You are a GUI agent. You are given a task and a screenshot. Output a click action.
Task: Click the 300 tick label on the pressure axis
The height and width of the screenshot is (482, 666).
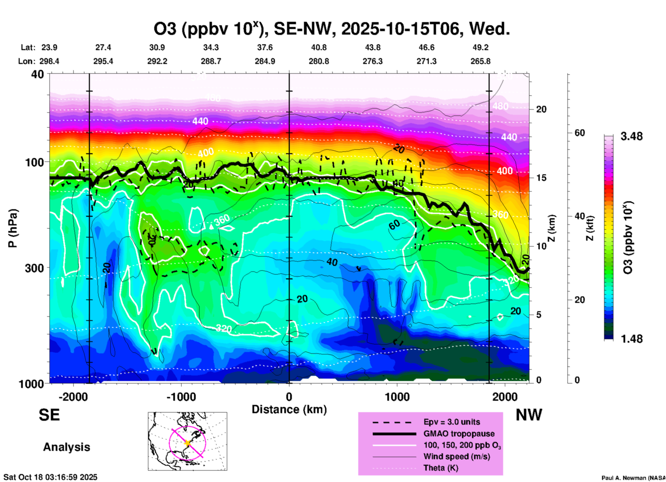click(x=35, y=268)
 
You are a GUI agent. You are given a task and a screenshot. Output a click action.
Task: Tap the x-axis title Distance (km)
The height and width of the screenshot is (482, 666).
click(x=289, y=409)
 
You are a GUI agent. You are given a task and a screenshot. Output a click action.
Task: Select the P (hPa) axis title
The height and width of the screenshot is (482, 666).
click(x=13, y=228)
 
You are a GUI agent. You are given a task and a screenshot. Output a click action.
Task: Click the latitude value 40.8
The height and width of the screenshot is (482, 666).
click(x=318, y=47)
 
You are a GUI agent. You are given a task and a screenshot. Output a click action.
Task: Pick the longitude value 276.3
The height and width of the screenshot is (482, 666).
click(x=372, y=61)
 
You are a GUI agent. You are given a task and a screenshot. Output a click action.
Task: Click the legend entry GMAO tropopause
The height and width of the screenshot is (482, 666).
click(x=459, y=434)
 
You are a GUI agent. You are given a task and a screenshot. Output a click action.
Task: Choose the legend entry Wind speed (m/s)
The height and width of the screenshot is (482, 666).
click(x=456, y=456)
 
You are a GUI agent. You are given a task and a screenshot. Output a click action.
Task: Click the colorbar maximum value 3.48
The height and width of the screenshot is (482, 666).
click(x=631, y=137)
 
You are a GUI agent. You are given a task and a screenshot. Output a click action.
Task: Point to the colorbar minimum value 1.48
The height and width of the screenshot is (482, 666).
click(x=631, y=339)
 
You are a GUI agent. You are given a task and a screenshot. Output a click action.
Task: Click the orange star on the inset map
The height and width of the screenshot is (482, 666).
click(x=187, y=443)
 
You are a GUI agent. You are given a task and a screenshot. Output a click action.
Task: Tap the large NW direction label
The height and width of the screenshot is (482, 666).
click(x=529, y=415)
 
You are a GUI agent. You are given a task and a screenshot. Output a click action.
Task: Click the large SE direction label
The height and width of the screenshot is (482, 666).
click(x=49, y=415)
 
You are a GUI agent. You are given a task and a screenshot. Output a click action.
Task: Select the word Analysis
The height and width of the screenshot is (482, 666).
click(x=66, y=447)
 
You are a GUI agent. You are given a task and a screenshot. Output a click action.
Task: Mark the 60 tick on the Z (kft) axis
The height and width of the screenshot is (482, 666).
click(x=580, y=133)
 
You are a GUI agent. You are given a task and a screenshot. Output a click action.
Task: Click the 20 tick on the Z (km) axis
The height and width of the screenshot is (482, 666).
click(x=541, y=110)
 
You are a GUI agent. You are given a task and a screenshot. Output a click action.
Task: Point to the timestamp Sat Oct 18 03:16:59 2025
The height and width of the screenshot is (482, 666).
click(x=50, y=477)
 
